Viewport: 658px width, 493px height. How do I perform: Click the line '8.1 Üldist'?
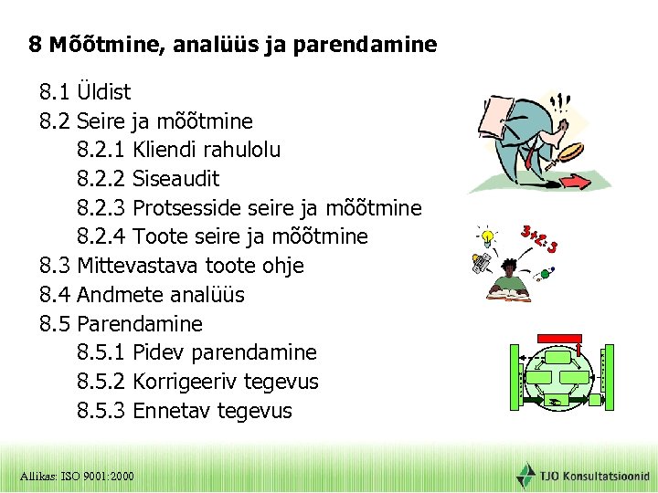[84, 92]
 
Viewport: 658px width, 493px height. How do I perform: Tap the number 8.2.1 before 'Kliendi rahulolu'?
[101, 150]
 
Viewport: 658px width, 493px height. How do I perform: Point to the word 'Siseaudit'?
[175, 179]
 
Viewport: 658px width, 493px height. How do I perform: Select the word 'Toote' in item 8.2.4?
[159, 237]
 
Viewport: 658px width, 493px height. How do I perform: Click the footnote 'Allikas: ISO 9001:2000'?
[77, 477]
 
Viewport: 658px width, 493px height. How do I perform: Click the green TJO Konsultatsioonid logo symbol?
[526, 476]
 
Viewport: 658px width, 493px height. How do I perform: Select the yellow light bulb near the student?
[490, 237]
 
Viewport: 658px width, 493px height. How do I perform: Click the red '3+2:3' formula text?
[539, 239]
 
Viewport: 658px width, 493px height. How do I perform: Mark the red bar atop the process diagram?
[557, 339]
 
